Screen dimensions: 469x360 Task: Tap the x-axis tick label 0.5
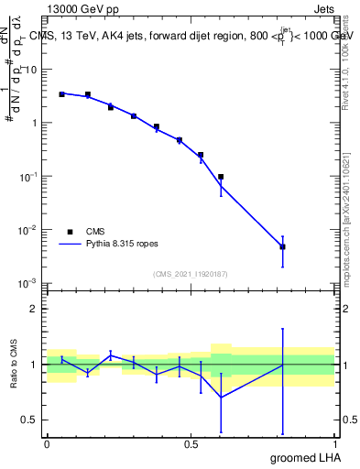click(x=191, y=444)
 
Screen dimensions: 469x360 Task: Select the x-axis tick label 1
click(x=334, y=444)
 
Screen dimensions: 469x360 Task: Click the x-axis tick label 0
click(x=47, y=444)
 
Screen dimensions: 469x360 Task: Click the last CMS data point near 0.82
click(x=283, y=246)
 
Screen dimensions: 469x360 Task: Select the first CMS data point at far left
click(x=61, y=93)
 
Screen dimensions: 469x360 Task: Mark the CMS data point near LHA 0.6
click(x=221, y=177)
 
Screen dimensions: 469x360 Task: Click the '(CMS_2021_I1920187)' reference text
click(x=191, y=274)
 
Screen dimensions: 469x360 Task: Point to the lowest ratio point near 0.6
click(x=221, y=397)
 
